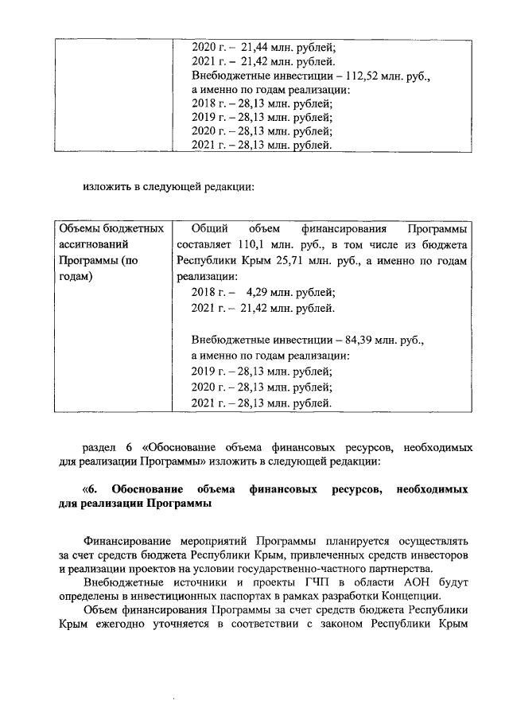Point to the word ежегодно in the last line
click(x=123, y=627)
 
